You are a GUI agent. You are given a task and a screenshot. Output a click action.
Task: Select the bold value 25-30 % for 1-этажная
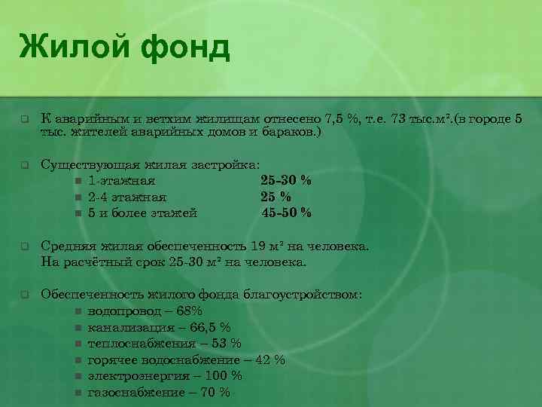pyautogui.click(x=286, y=181)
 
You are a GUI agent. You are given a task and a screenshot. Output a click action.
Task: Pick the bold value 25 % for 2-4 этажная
pyautogui.click(x=276, y=197)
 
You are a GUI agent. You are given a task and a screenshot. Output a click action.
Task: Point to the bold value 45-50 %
pyautogui.click(x=286, y=213)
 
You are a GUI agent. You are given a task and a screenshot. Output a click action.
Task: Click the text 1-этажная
pyautogui.click(x=121, y=181)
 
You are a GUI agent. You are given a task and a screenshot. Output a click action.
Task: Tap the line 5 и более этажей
pyautogui.click(x=142, y=213)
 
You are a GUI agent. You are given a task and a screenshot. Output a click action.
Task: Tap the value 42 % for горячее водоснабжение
pyautogui.click(x=271, y=360)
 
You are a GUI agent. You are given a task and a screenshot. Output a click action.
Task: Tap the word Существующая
pyautogui.click(x=83, y=164)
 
